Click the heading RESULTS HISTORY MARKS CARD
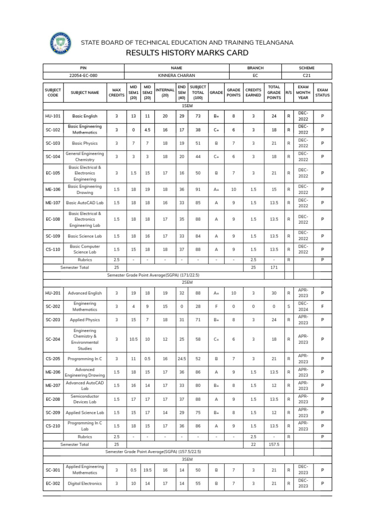(x=187, y=53)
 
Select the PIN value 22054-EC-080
(x=83, y=75)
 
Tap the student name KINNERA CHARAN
(x=177, y=75)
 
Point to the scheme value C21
(x=307, y=75)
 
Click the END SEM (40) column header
(x=182, y=92)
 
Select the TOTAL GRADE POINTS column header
(x=274, y=92)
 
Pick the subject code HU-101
(x=53, y=116)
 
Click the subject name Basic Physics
(x=85, y=143)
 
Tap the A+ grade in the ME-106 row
(x=216, y=190)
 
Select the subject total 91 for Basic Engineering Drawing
(x=198, y=190)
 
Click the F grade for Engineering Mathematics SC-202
(x=216, y=307)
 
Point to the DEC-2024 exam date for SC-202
(x=303, y=307)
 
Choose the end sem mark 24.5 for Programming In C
(x=182, y=358)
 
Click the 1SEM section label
(x=187, y=106)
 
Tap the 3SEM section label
(x=187, y=459)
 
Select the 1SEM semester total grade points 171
(x=274, y=267)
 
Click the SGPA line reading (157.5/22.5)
(x=153, y=452)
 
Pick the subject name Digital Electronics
(x=85, y=483)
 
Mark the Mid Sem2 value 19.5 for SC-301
(x=147, y=469)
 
